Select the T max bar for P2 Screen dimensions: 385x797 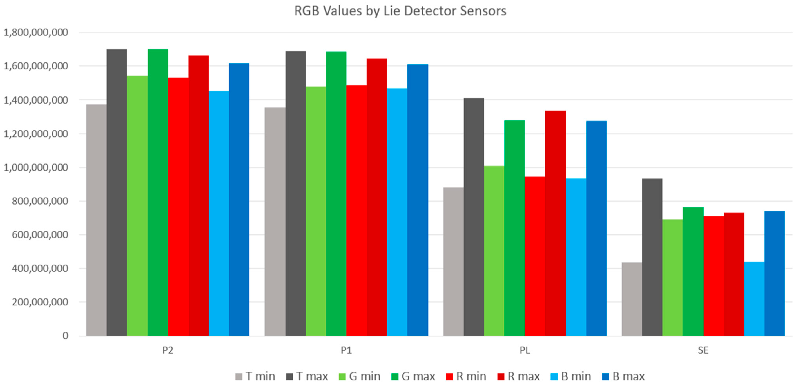point(117,192)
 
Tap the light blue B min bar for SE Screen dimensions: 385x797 point(754,299)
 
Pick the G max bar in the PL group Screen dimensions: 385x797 point(514,227)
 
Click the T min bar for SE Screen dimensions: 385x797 point(632,299)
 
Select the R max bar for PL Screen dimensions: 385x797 point(555,223)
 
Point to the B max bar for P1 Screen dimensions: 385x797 point(418,200)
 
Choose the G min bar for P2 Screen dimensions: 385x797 point(137,206)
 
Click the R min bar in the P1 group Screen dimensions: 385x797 point(356,211)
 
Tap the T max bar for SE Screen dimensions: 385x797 point(652,257)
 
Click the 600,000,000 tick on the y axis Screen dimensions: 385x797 point(40,235)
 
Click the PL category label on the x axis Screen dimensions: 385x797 point(525,350)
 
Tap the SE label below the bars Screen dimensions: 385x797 point(703,350)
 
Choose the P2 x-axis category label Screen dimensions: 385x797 point(168,350)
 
